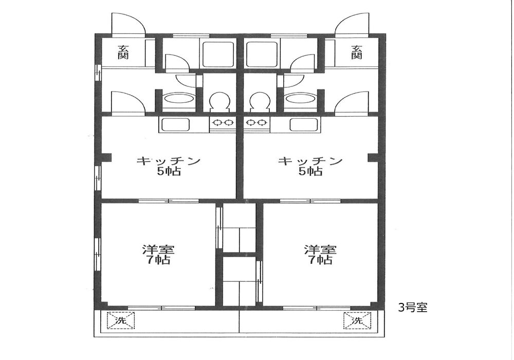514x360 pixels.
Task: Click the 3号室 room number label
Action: point(413,308)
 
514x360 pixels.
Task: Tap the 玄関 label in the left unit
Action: point(123,52)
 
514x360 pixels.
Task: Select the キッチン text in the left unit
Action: point(169,160)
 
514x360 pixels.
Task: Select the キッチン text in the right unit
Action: point(310,160)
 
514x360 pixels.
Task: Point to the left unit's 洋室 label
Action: point(158,249)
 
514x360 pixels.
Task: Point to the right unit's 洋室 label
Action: point(320,249)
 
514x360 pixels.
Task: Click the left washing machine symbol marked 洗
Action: point(121,320)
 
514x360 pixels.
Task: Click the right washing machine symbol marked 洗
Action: point(357,320)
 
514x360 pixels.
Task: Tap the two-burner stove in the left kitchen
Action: point(223,123)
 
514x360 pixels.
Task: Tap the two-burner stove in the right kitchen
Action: point(256,123)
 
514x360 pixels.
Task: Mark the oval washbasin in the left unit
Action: point(179,98)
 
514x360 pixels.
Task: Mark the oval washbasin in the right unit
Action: point(300,98)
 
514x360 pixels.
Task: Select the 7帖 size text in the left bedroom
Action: point(158,260)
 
